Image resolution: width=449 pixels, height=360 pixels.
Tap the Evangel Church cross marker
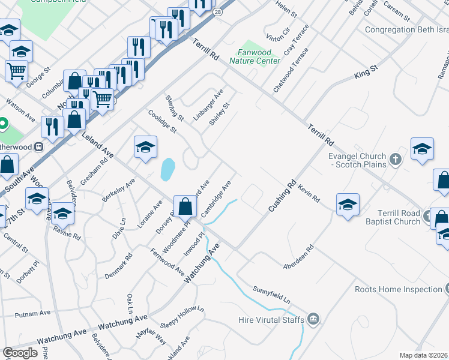(x=395, y=160)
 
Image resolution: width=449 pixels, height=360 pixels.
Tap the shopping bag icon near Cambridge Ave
(x=185, y=207)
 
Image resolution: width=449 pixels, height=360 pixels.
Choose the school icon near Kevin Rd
(x=348, y=205)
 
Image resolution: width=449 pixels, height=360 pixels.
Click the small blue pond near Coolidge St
(x=168, y=169)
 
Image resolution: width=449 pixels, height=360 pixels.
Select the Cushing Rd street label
(x=283, y=196)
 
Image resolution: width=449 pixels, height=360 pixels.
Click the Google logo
(x=20, y=353)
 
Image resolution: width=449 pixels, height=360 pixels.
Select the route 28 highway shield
(x=216, y=11)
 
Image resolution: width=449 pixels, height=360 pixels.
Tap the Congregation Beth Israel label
(x=406, y=29)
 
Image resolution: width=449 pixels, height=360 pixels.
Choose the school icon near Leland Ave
(x=145, y=148)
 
